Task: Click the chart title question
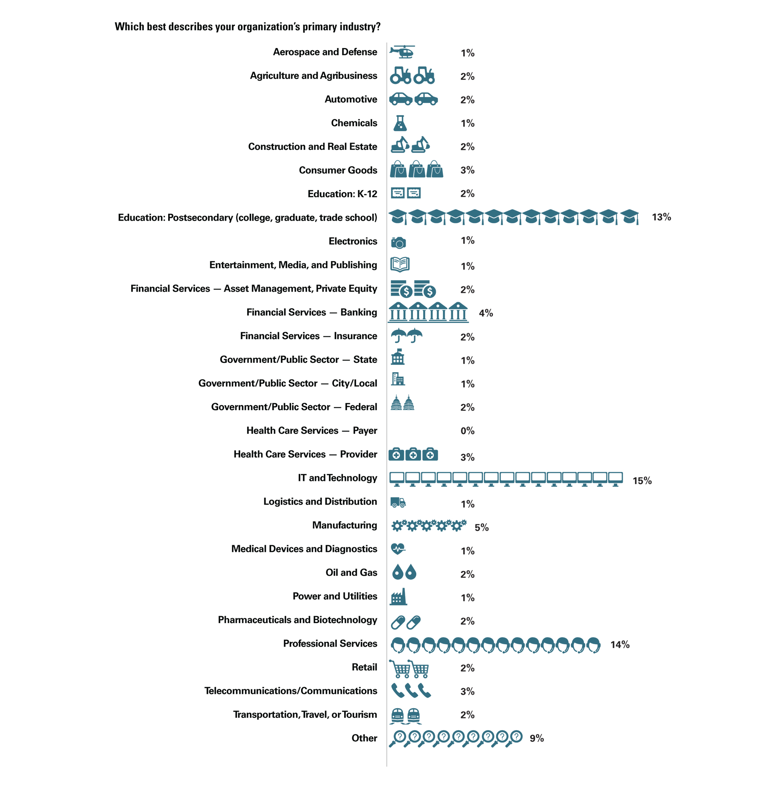(x=248, y=27)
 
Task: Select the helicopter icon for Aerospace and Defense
(x=402, y=52)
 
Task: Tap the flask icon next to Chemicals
(x=400, y=123)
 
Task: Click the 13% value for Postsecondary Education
(x=661, y=217)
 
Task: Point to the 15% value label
(x=642, y=481)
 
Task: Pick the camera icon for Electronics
(x=398, y=242)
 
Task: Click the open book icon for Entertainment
(x=400, y=264)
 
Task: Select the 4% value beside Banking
(x=486, y=313)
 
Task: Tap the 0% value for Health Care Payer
(x=468, y=431)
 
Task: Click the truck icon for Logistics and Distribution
(x=398, y=503)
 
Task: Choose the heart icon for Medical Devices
(x=398, y=549)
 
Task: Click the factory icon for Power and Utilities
(x=398, y=597)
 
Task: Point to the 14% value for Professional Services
(x=620, y=645)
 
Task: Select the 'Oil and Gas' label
(x=351, y=573)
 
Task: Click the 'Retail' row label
(x=365, y=667)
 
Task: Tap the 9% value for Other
(x=536, y=738)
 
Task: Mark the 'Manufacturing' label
(x=345, y=525)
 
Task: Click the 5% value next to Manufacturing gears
(x=482, y=528)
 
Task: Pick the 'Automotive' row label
(x=351, y=99)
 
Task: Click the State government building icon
(x=398, y=357)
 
